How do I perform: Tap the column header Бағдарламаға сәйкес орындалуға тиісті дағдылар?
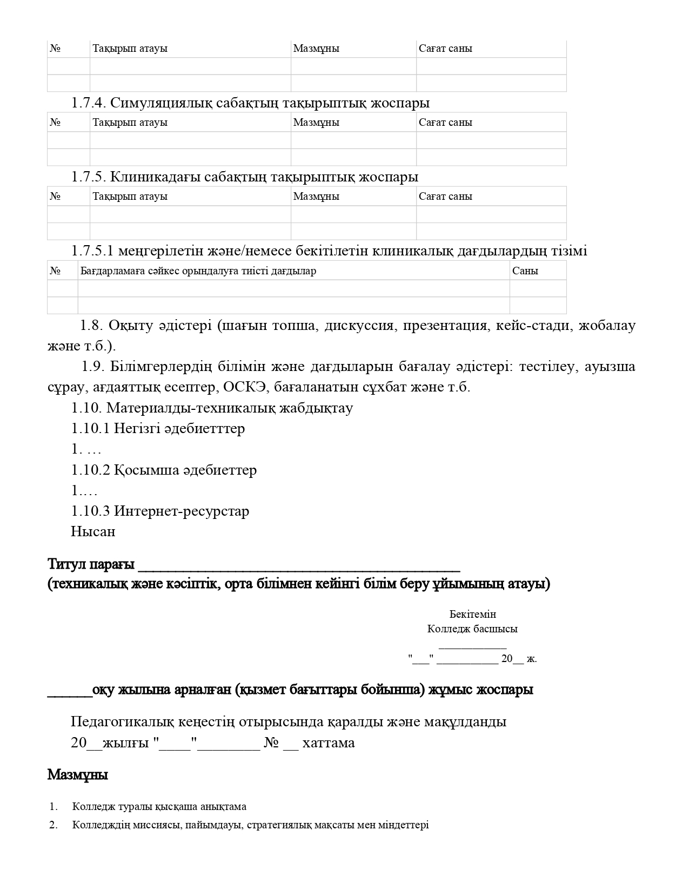point(198,271)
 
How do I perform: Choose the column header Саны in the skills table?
point(525,271)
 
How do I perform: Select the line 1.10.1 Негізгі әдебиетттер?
point(158,428)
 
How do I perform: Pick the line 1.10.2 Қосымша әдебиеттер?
point(164,470)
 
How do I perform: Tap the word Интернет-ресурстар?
point(182,511)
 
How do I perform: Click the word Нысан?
point(93,531)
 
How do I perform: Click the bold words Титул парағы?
point(91,564)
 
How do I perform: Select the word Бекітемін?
point(472,614)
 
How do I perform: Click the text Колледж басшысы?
point(472,629)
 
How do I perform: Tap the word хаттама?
point(329,742)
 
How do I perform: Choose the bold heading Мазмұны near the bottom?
point(78,775)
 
